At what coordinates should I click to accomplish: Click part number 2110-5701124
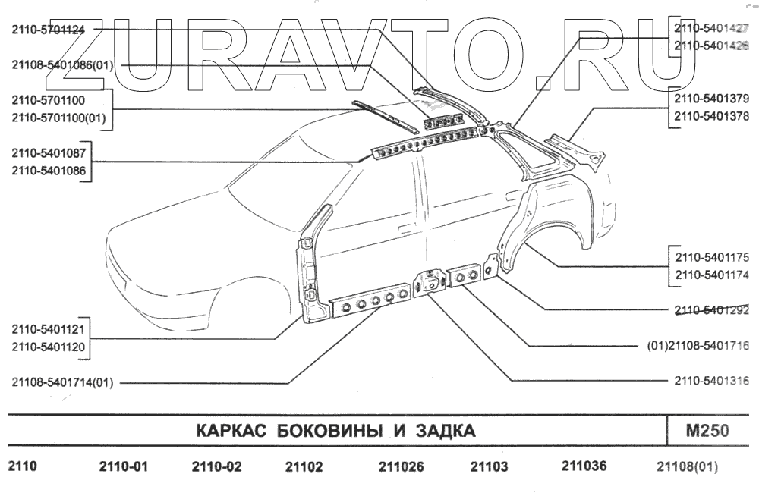48,30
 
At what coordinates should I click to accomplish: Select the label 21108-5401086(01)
62,65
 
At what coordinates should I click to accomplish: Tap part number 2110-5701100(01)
59,118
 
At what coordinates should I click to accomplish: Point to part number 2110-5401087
48,152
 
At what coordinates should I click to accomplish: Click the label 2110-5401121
48,330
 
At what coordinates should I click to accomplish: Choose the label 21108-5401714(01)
62,382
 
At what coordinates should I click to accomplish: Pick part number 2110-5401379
711,99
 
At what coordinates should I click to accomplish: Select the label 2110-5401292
711,309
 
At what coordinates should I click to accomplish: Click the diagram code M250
707,431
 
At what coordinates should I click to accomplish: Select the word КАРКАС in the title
228,432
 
